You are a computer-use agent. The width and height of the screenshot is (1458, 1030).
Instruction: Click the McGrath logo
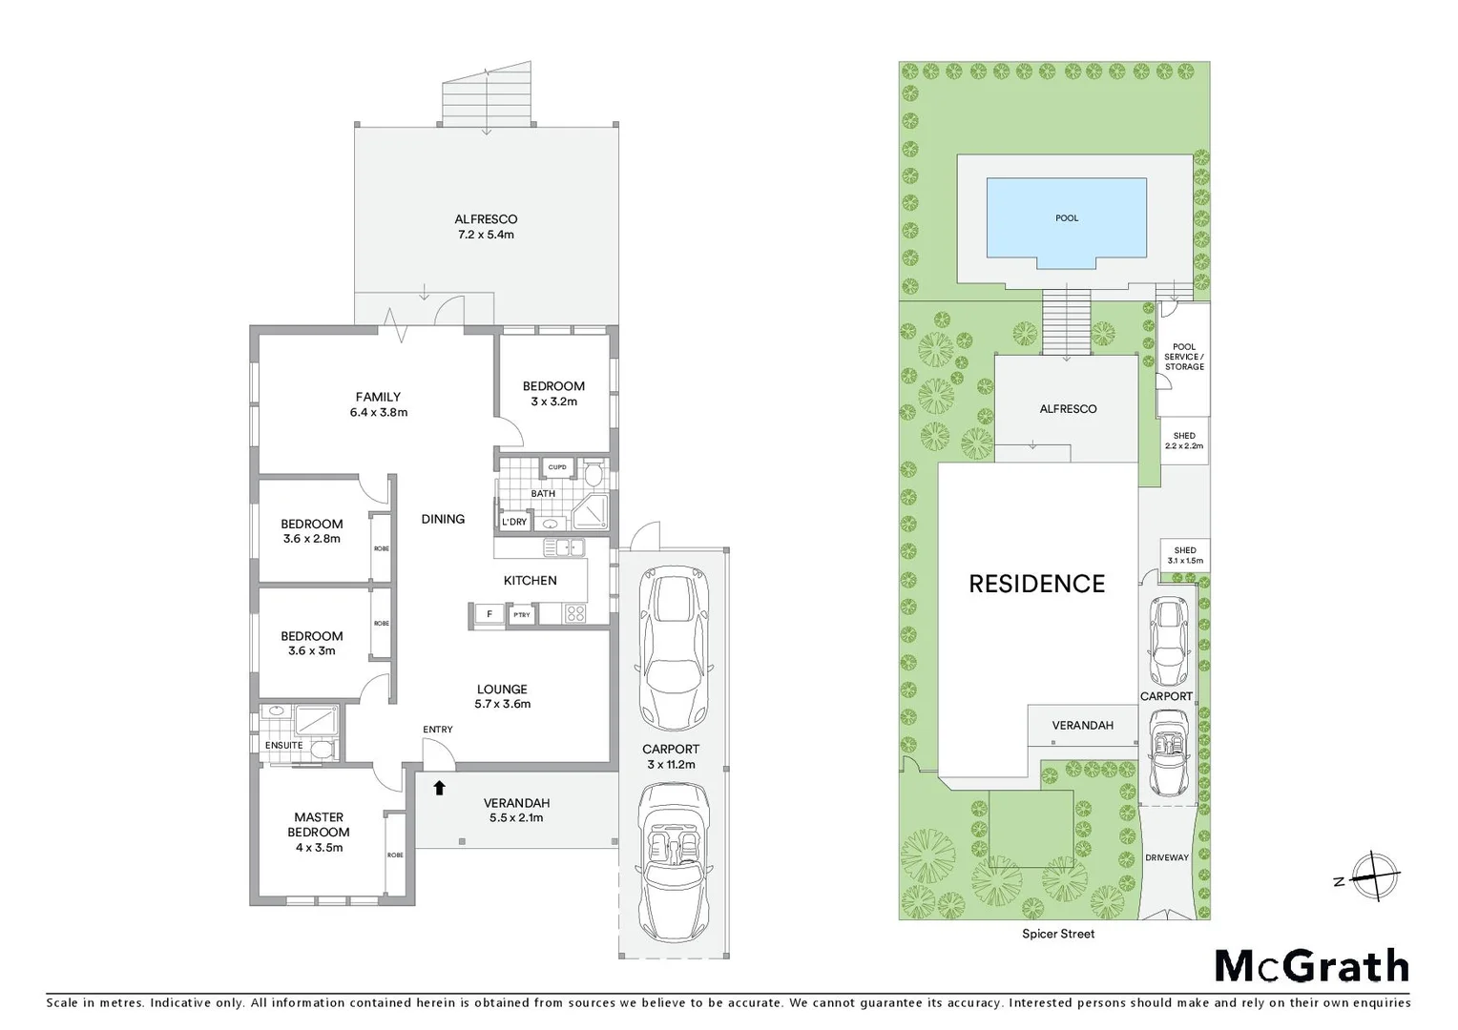pyautogui.click(x=1311, y=966)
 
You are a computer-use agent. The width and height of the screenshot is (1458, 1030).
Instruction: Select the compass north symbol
pyautogui.click(x=1372, y=875)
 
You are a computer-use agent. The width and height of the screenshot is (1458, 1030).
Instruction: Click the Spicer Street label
pyautogui.click(x=1058, y=934)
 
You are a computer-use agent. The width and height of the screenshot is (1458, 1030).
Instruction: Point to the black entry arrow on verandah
pyautogui.click(x=439, y=788)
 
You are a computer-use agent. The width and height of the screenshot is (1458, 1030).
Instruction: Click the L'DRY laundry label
pyautogui.click(x=513, y=522)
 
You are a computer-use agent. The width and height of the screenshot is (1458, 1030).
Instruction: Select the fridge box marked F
pyautogui.click(x=489, y=614)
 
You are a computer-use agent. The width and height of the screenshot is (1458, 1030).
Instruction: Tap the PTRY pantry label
pyautogui.click(x=522, y=615)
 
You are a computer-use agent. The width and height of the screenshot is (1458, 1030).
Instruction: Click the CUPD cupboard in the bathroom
pyautogui.click(x=557, y=467)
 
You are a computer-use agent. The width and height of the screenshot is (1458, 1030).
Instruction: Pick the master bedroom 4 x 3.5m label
pyautogui.click(x=319, y=832)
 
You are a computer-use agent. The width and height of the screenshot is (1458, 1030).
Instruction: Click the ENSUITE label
pyautogui.click(x=283, y=745)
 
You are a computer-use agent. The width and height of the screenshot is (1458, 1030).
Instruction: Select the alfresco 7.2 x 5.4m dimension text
pyautogui.click(x=486, y=235)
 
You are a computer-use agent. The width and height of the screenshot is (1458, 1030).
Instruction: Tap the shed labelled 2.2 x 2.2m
pyautogui.click(x=1184, y=441)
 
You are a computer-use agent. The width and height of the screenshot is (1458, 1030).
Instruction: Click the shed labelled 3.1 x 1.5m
pyautogui.click(x=1185, y=555)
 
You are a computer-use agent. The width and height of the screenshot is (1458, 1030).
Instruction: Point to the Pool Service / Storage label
pyautogui.click(x=1184, y=357)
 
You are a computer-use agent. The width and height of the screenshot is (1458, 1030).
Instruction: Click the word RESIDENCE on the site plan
pyautogui.click(x=1036, y=584)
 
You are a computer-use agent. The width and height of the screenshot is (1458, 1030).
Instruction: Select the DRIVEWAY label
pyautogui.click(x=1167, y=857)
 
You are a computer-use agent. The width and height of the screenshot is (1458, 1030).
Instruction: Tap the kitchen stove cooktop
pyautogui.click(x=574, y=614)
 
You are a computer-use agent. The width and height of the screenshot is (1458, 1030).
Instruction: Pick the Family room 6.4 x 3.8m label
pyautogui.click(x=378, y=404)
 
